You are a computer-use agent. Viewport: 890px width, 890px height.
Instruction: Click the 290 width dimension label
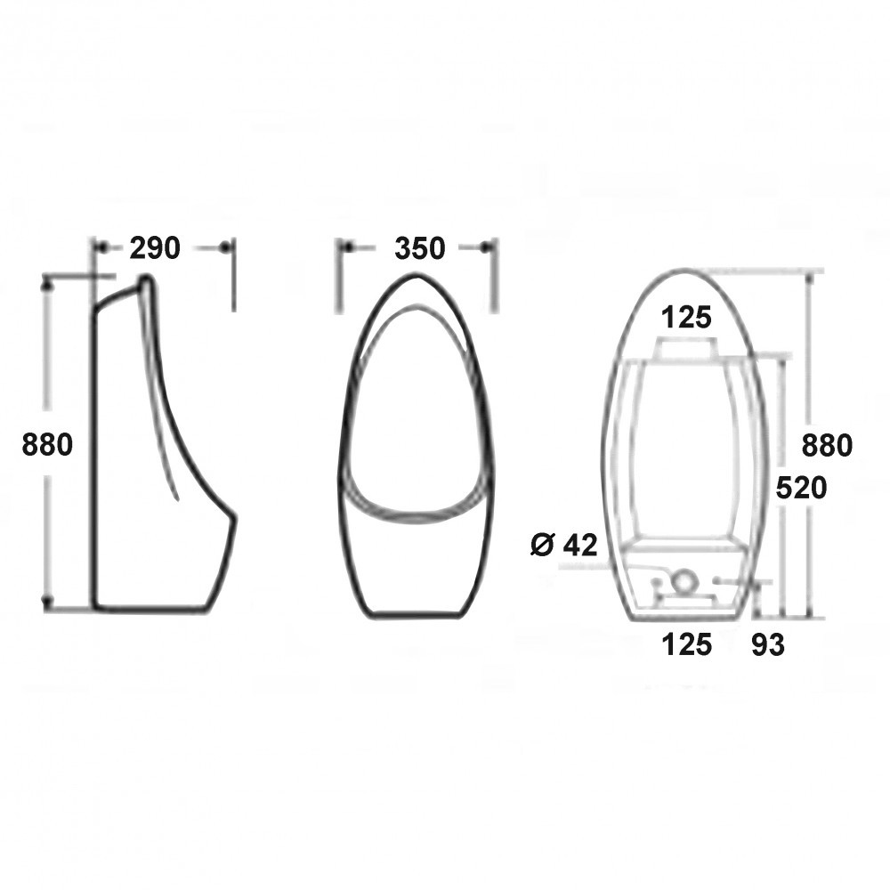[x=155, y=248]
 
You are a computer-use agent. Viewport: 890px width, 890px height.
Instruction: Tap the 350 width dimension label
[x=419, y=249]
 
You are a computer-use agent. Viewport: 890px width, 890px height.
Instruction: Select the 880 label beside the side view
[x=47, y=444]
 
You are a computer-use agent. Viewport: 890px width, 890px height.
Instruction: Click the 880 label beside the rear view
[x=827, y=444]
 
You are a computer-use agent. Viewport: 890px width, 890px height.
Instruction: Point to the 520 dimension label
[x=801, y=488]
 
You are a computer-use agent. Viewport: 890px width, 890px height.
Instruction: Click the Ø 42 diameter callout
[x=563, y=545]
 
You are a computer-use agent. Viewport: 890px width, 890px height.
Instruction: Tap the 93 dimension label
[x=767, y=645]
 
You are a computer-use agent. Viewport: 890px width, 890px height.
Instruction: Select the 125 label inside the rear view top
[x=687, y=317]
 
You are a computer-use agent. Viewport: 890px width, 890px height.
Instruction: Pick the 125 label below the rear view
[x=687, y=644]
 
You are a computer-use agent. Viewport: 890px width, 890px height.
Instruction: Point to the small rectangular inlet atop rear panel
[x=685, y=348]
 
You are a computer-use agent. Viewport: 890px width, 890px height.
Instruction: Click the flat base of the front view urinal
[x=416, y=614]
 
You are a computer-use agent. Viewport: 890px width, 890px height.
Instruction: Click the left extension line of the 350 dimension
[x=337, y=276]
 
